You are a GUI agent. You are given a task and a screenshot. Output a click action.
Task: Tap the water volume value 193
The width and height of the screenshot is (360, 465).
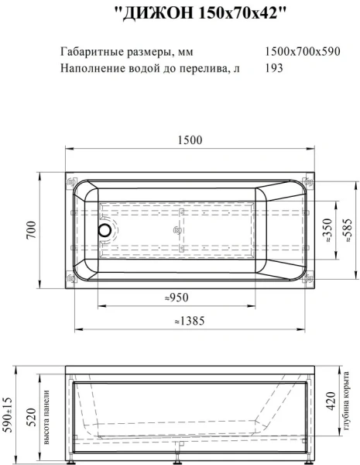click(273, 68)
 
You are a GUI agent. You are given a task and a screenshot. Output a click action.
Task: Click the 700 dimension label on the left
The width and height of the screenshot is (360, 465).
click(32, 230)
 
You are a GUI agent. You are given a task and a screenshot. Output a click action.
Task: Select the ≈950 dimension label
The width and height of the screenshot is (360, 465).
click(177, 297)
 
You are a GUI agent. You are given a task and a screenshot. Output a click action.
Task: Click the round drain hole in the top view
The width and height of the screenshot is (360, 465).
click(103, 230)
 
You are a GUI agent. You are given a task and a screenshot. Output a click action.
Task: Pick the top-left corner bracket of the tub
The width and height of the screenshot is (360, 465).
click(73, 183)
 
